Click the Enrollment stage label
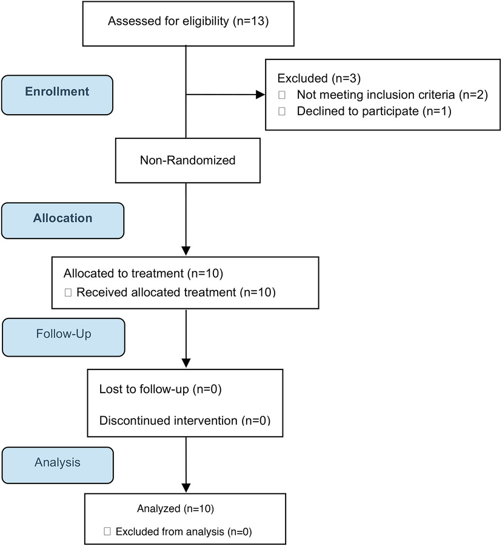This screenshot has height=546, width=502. [x=57, y=92]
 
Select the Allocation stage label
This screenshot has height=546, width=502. [x=62, y=218]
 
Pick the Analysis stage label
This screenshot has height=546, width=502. [x=57, y=462]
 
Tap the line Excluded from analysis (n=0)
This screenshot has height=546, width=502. [x=183, y=532]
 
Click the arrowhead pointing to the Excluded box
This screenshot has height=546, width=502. [x=261, y=95]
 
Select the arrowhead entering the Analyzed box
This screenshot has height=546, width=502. [x=186, y=487]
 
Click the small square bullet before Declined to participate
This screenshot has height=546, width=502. [x=281, y=112]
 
